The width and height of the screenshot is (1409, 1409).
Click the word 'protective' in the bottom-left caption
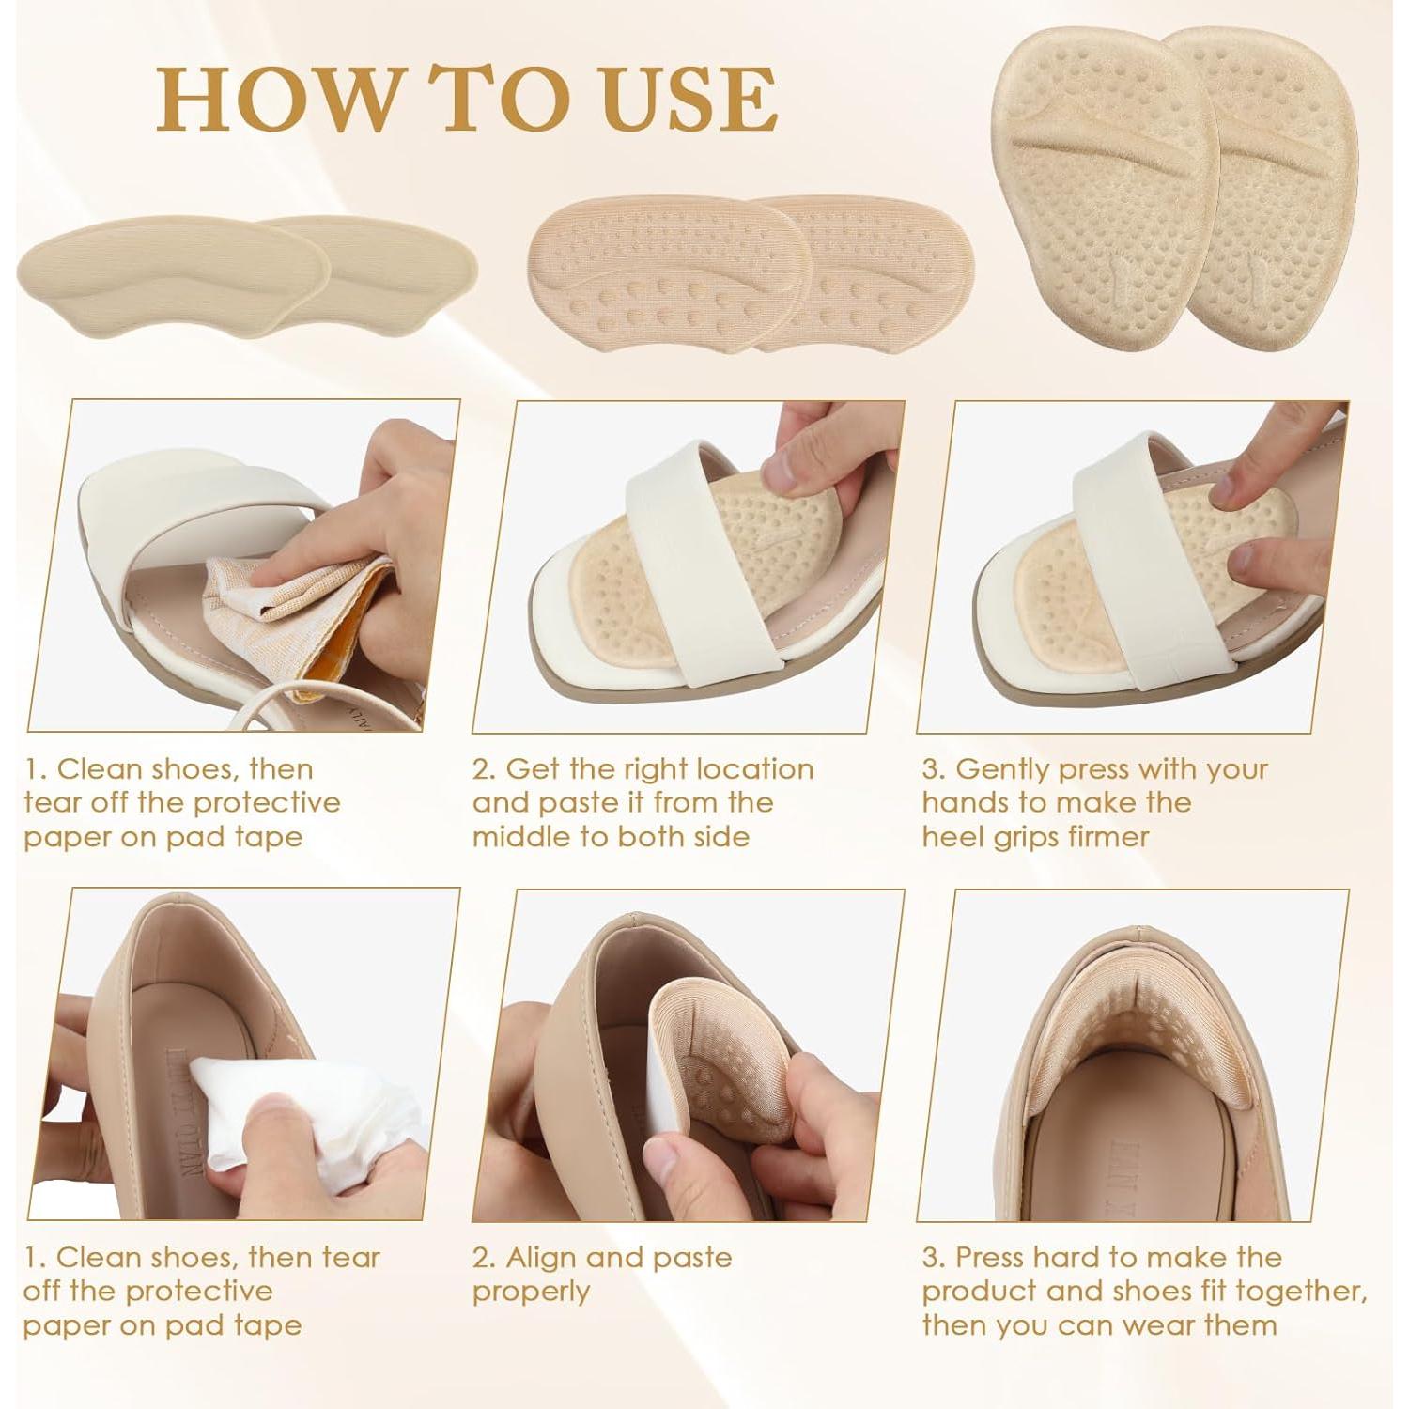(x=200, y=1291)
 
